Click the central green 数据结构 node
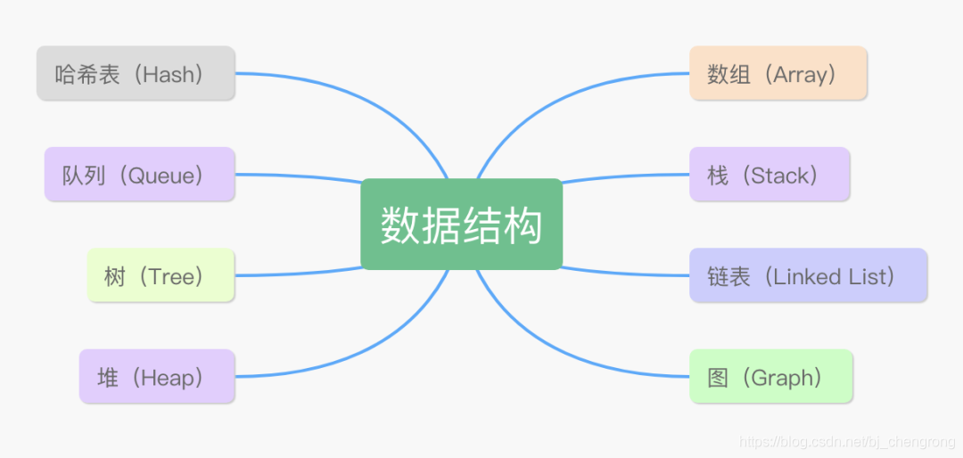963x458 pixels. click(x=461, y=225)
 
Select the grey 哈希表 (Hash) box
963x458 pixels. click(x=136, y=73)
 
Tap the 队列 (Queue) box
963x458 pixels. click(x=139, y=175)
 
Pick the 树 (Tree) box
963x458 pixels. click(x=160, y=275)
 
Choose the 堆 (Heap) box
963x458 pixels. click(x=157, y=377)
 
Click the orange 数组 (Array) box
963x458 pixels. click(x=778, y=73)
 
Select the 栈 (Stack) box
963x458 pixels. click(x=770, y=175)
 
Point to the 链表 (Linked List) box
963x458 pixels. click(x=808, y=275)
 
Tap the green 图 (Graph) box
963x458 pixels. click(x=770, y=377)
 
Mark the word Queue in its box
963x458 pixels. click(x=160, y=176)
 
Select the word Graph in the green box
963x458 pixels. click(x=785, y=378)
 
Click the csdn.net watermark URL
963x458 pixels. click(x=847, y=443)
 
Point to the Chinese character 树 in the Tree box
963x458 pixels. click(x=114, y=276)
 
